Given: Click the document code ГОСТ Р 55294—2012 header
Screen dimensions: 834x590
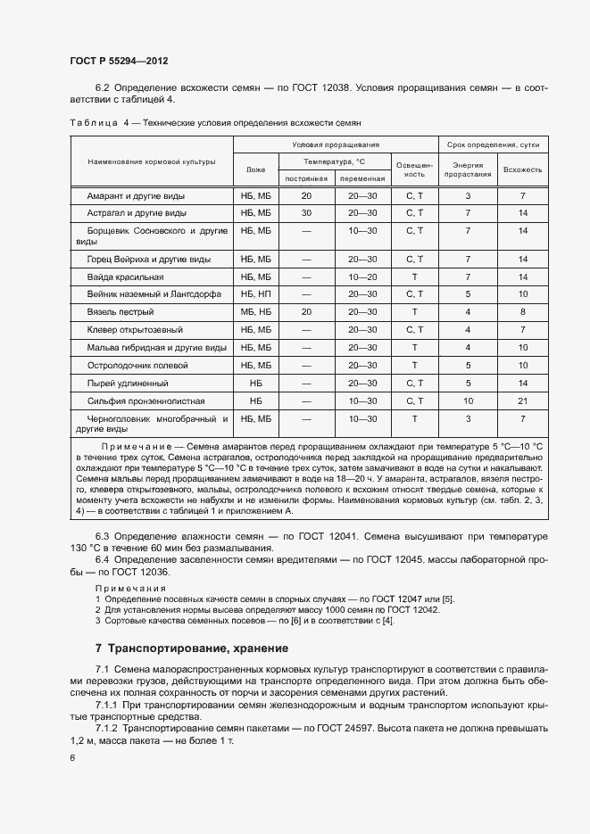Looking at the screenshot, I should (119, 61).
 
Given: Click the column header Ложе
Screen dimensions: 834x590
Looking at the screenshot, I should (255, 169).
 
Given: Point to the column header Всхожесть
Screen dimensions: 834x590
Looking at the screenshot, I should (522, 169).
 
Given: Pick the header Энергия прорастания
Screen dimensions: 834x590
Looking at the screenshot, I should (468, 169).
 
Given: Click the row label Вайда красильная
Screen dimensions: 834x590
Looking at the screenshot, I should (125, 277).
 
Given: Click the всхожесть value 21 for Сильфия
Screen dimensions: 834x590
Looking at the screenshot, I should (522, 400).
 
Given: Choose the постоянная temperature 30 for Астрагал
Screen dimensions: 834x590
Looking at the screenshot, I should (306, 212).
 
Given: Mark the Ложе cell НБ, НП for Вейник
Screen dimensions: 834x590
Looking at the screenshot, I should (255, 293).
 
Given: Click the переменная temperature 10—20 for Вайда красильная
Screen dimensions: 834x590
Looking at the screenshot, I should (362, 277).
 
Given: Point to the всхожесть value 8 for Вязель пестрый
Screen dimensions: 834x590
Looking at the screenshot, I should (522, 311).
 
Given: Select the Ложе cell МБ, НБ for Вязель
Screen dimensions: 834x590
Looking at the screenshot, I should (255, 311).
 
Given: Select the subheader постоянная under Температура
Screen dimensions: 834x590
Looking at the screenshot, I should (306, 178).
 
